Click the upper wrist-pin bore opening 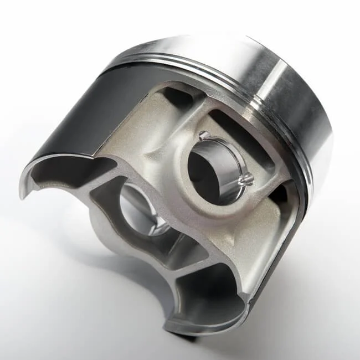[x=213, y=166]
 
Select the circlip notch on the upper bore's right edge [x=245, y=179]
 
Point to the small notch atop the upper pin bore [x=203, y=134]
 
